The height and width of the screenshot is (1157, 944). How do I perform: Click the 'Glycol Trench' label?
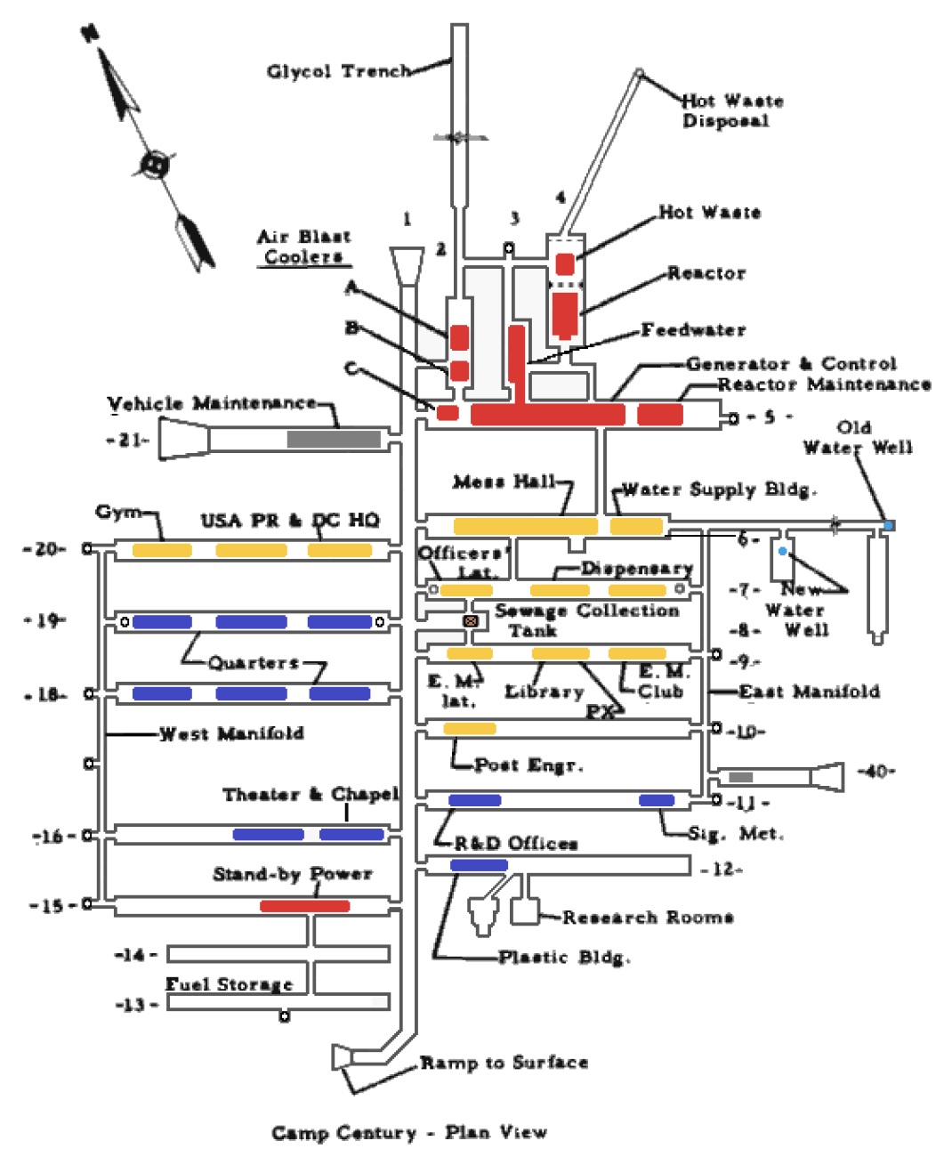pos(339,71)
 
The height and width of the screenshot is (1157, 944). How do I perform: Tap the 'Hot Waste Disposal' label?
pos(731,110)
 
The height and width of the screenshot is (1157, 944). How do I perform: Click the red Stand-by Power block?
pos(304,906)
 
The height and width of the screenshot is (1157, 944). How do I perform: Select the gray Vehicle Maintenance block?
pos(334,439)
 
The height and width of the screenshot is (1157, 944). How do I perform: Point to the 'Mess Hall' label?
pos(504,482)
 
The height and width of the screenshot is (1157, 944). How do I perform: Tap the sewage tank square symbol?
pos(471,620)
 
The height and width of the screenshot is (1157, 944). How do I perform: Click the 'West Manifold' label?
pos(231,734)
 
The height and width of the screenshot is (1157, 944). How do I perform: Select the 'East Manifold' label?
pos(809,692)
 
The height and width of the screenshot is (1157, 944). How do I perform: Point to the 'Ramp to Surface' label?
pos(504,1063)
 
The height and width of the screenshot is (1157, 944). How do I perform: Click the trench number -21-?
pos(127,440)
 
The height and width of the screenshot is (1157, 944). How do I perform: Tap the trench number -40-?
pos(875,771)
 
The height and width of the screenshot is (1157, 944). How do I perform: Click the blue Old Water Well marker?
pos(887,526)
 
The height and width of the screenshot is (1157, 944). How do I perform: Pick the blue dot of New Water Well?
pos(782,552)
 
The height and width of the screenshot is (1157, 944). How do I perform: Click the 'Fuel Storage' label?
pos(229,984)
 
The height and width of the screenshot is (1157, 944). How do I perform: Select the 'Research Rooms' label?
pos(648,917)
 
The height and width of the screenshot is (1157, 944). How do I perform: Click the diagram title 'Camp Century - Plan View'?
pos(409,1133)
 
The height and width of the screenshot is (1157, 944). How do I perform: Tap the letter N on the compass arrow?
pos(89,33)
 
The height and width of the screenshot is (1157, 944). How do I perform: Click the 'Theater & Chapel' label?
pos(311,794)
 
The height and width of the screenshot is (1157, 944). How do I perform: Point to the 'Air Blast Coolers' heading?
pos(303,247)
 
